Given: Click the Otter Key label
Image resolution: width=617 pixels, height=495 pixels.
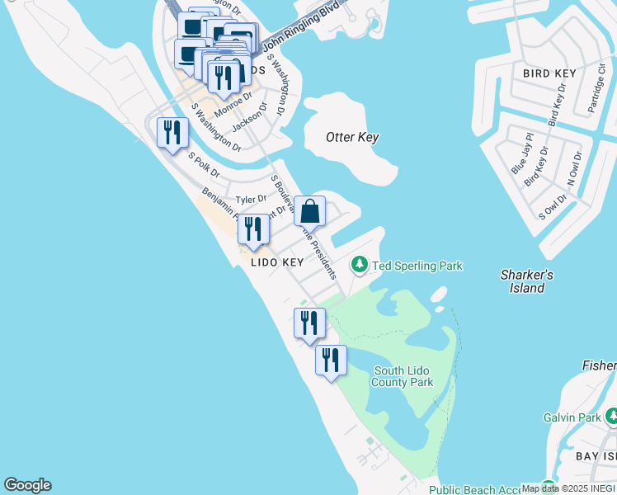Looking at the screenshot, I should coord(352,137).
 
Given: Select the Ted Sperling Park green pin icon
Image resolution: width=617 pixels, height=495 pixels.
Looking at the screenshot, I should coord(359,265).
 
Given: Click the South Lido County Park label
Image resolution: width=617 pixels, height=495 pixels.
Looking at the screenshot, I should coord(402,376).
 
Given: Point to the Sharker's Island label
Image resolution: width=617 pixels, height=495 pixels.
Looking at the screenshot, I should coord(526,281).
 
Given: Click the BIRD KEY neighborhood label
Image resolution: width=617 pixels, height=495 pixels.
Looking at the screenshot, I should coord(549,73).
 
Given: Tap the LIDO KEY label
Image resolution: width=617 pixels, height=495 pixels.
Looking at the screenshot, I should coord(278,262).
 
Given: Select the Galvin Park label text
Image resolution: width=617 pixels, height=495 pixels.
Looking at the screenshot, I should coord(572,417).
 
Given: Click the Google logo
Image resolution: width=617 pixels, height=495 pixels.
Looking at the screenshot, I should coord(27,485).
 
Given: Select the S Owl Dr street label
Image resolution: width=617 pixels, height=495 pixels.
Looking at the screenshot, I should coord(553,206).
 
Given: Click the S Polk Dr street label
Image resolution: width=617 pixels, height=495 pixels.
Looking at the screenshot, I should coord(203,165).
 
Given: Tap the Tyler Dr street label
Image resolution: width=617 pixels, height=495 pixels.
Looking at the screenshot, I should coord(251,199).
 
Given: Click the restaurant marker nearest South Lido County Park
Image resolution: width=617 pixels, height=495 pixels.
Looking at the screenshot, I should coord(331,361).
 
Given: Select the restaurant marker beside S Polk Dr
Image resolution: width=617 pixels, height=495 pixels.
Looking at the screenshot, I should coord(172,133).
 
